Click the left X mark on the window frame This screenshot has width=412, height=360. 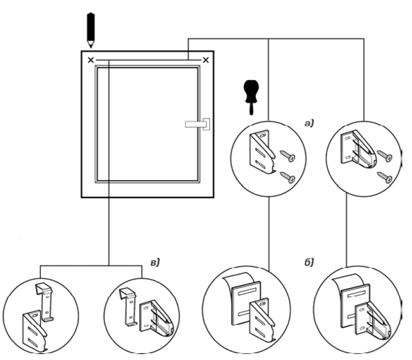(x=91, y=60)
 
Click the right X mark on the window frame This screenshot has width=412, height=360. (x=206, y=60)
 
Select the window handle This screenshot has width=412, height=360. (x=198, y=124)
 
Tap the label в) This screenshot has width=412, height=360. (x=155, y=263)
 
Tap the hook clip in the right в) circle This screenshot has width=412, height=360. (x=128, y=308)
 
